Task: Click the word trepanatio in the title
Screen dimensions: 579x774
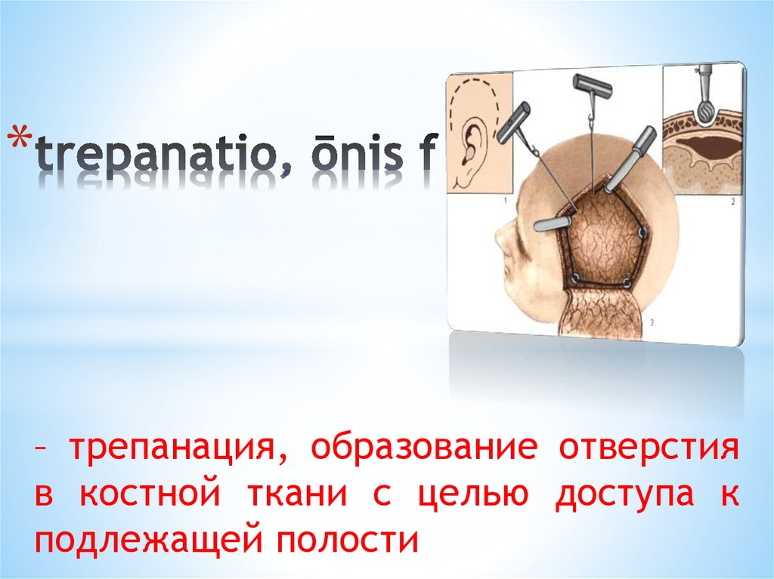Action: click(x=156, y=156)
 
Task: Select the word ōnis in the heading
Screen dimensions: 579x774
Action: click(x=351, y=156)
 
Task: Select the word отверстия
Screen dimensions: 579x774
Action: click(x=648, y=450)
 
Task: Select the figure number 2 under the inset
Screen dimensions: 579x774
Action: click(x=732, y=202)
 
